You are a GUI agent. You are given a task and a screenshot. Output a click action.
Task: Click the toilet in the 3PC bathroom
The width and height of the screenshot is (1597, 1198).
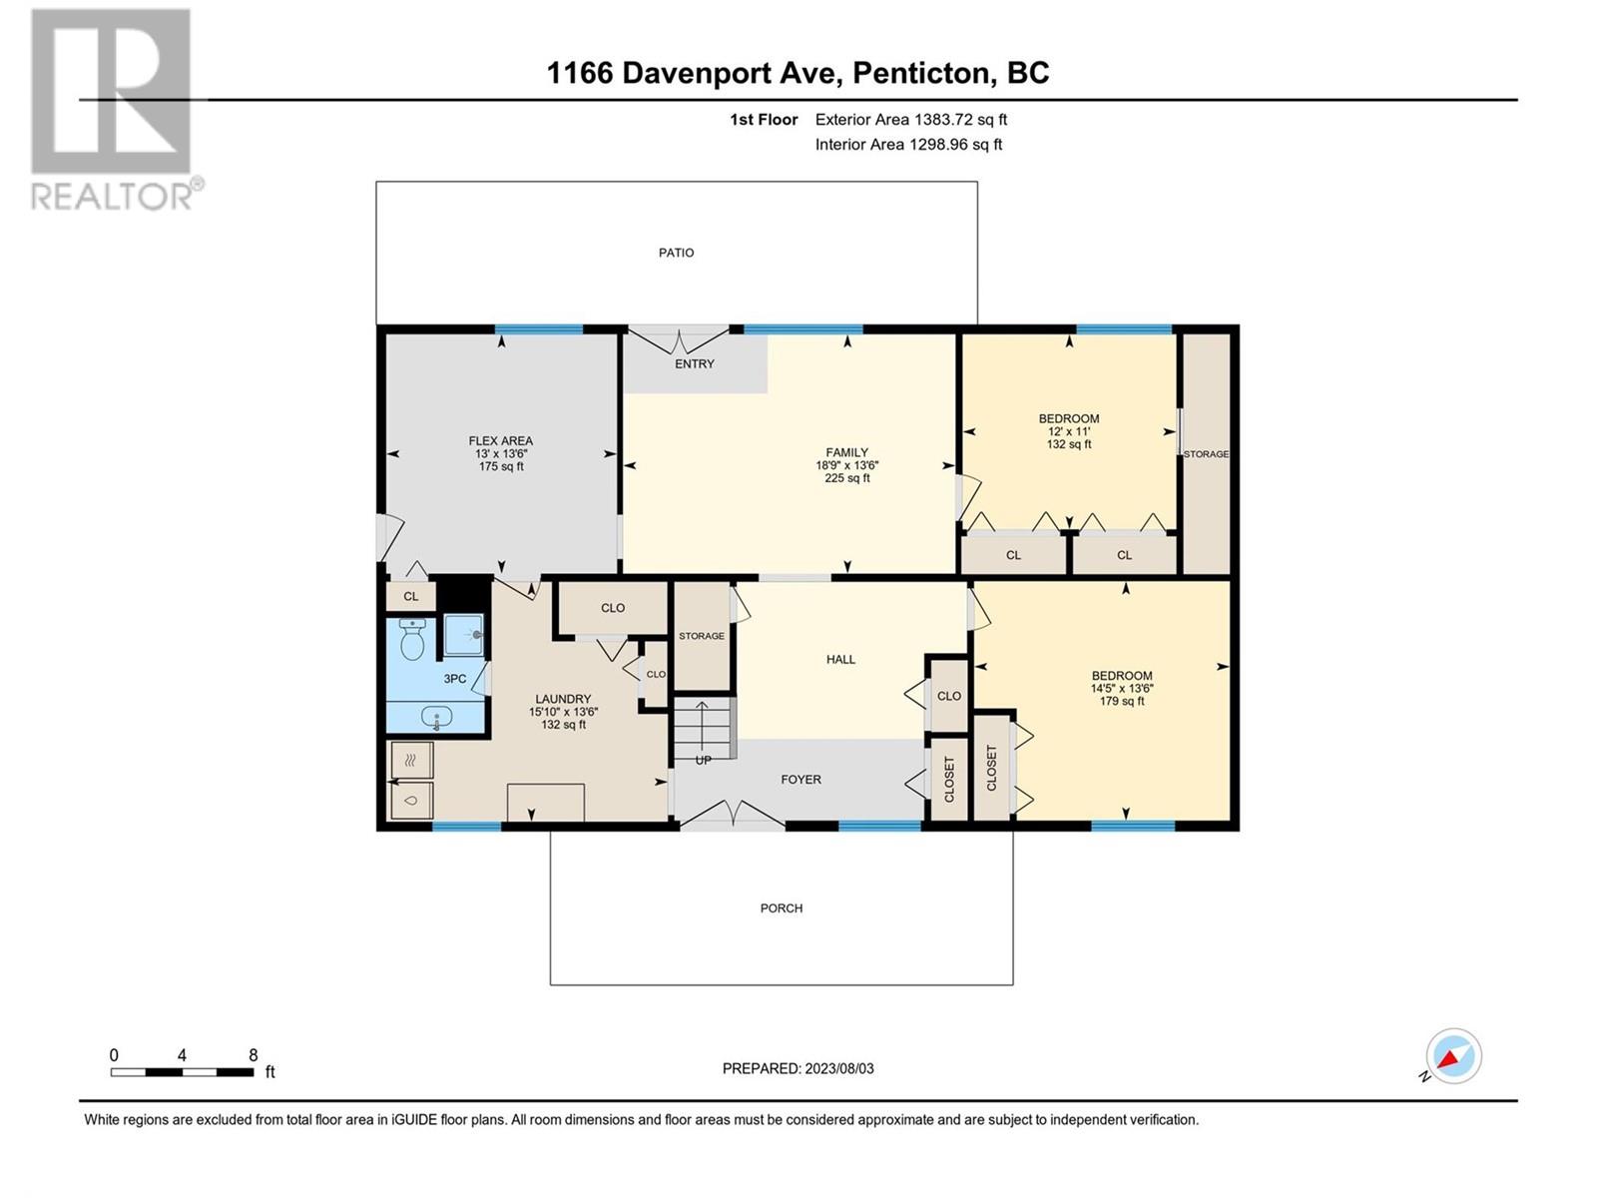click(412, 639)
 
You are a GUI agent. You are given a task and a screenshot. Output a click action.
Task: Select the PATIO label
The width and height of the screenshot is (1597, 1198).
click(676, 253)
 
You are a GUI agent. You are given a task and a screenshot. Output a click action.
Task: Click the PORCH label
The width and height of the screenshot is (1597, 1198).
click(782, 907)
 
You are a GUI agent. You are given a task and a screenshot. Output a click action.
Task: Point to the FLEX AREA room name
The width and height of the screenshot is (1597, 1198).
click(501, 441)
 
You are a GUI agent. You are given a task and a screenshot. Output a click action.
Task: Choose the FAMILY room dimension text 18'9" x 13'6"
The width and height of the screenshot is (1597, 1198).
click(846, 465)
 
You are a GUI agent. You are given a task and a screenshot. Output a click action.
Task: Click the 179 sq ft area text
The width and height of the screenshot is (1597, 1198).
click(1122, 701)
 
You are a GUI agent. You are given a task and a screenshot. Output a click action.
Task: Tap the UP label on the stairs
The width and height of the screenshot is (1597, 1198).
click(703, 760)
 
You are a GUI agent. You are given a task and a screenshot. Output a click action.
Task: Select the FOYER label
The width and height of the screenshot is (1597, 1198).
click(801, 779)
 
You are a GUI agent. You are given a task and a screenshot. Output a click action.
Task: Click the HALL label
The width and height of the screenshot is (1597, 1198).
click(840, 659)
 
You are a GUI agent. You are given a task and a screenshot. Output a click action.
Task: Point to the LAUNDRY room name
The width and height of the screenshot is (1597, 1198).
click(563, 699)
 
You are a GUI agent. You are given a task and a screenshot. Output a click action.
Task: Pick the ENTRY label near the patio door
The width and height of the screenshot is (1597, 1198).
click(694, 363)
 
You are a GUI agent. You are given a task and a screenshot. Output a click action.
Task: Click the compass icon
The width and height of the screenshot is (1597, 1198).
click(1453, 1055)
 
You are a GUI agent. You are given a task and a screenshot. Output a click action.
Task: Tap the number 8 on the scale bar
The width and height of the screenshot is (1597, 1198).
click(254, 1054)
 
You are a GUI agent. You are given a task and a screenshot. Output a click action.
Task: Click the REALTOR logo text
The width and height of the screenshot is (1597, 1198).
click(113, 196)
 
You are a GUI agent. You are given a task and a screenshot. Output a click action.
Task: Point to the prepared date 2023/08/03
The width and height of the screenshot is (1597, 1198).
click(838, 1068)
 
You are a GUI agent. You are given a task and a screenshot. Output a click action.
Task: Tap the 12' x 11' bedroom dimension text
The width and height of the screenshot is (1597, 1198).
click(1069, 431)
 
